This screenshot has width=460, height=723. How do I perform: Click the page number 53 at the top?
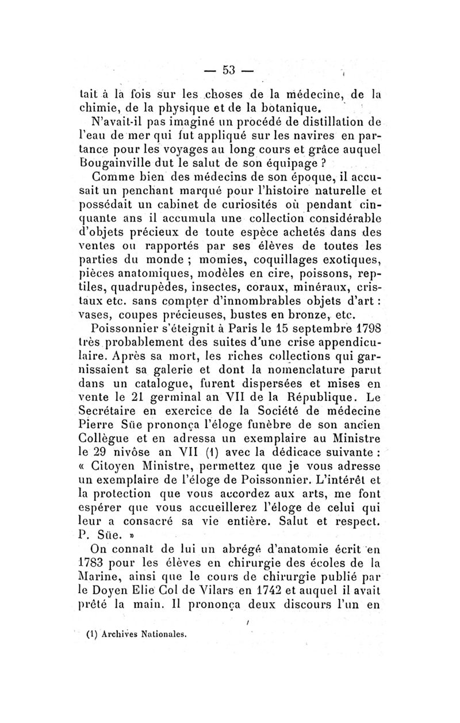[229, 70]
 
